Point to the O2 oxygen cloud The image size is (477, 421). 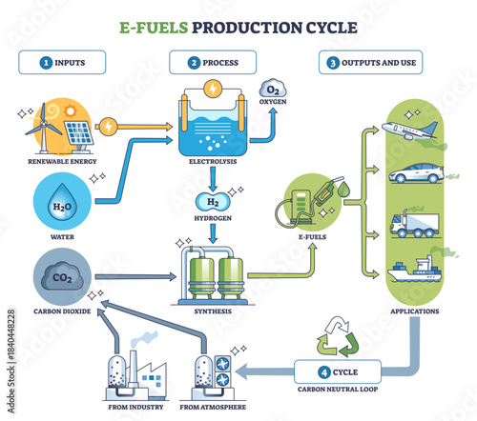271,93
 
